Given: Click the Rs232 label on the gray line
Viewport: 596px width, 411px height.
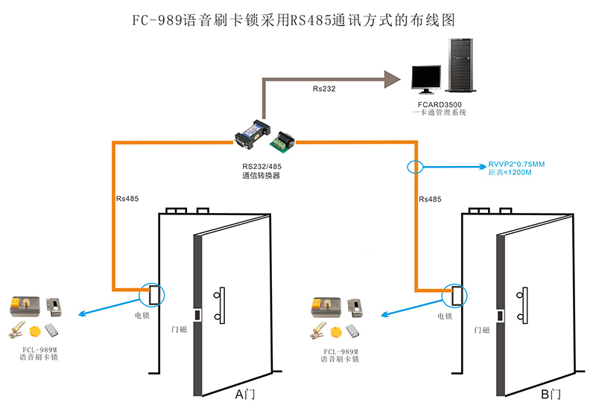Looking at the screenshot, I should point(324,89).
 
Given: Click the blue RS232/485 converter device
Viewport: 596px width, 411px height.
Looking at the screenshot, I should point(250,130).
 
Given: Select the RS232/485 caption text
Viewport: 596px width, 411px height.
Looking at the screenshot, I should point(261,165).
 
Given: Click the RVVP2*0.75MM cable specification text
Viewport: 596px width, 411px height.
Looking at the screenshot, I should point(516,163).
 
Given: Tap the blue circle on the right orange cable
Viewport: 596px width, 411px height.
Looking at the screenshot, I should point(415,166).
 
